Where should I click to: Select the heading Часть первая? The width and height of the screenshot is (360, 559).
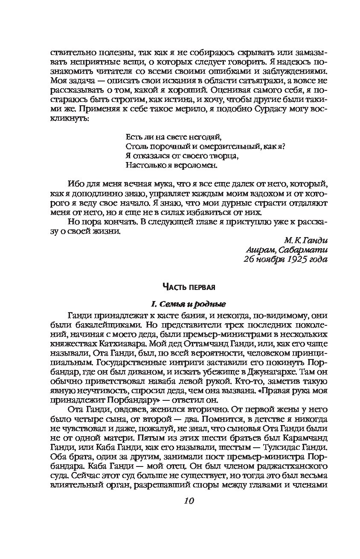pyautogui.click(x=188, y=286)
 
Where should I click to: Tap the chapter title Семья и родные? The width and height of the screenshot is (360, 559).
pyautogui.click(x=188, y=304)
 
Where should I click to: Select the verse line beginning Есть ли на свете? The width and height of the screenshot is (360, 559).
pyautogui.click(x=172, y=137)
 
